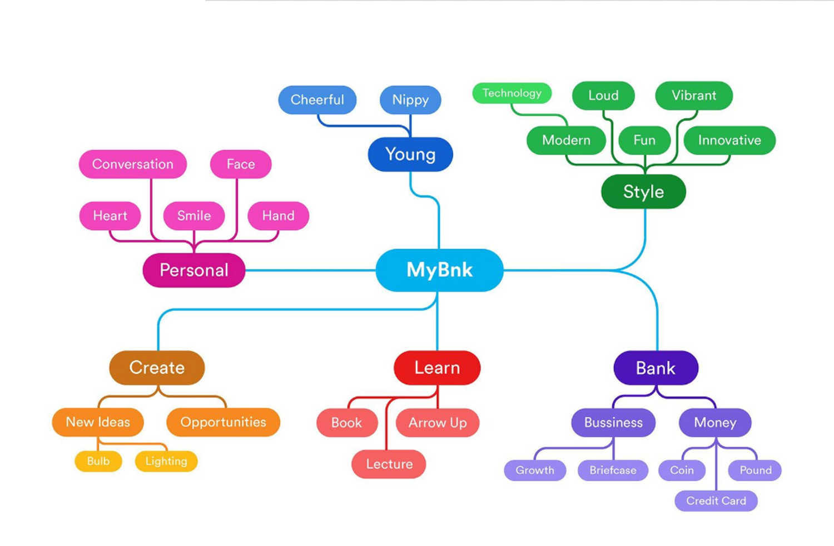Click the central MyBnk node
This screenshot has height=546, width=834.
coord(439,270)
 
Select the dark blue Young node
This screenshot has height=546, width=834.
coord(410,154)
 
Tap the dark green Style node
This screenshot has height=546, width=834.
coord(643,192)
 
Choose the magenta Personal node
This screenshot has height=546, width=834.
coord(194,270)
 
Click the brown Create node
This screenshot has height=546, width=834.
coord(157,368)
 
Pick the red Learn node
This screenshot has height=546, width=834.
coord(437,368)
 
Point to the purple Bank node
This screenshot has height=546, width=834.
coord(656,368)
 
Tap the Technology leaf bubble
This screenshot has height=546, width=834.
coord(512,93)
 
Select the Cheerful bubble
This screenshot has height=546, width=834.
coord(317,100)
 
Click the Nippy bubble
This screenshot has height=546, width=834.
coord(410,100)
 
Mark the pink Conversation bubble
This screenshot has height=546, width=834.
coord(132,164)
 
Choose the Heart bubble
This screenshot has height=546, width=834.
coord(110,216)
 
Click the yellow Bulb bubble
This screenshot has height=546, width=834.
coord(98,461)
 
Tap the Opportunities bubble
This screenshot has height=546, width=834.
coord(223,422)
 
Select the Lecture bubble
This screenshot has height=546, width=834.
coord(389,464)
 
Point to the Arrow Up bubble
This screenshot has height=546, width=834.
coord(438,423)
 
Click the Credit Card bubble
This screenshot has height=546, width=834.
coord(716,500)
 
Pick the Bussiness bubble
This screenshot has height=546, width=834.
coord(613,423)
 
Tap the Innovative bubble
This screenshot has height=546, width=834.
coord(729,140)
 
